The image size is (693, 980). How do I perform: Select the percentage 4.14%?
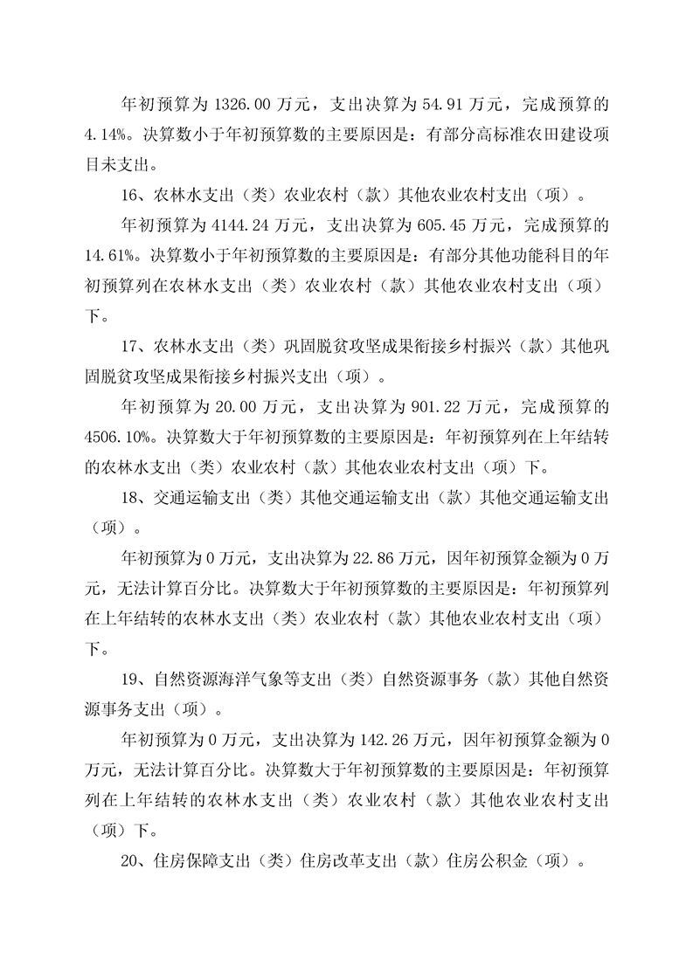coord(112,135)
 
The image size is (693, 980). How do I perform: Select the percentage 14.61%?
coord(116,254)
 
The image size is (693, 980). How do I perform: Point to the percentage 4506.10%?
coord(121,432)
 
